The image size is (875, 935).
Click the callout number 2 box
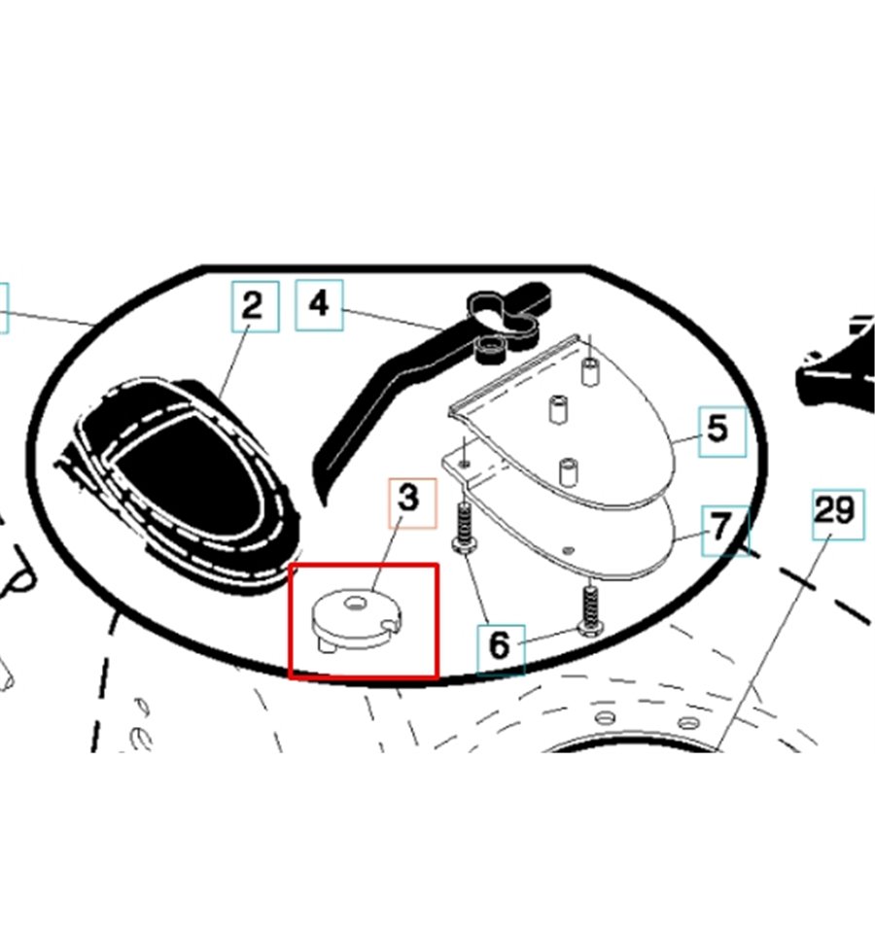256,306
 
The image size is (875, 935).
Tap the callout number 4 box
319,305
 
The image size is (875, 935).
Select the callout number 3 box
412,502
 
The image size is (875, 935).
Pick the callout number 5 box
722,432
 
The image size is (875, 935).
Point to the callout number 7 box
724,531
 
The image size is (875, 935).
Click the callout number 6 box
501,649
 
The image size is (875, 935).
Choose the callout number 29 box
838,514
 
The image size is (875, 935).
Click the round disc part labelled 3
357,620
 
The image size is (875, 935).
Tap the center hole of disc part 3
356,606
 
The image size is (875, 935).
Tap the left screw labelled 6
464,529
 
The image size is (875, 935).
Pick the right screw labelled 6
590,610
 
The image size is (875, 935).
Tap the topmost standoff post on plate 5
589,372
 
